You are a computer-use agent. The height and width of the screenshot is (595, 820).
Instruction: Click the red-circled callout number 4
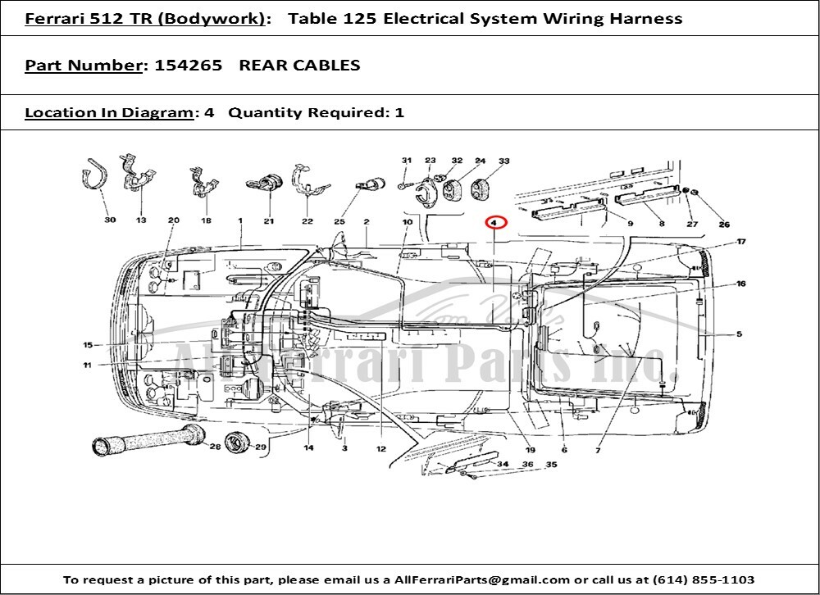tap(494, 222)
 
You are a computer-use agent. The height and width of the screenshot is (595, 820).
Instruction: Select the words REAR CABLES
tap(299, 66)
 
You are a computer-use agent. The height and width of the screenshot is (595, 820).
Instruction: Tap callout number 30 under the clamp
tap(110, 220)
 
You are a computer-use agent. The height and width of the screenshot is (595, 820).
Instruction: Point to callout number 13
tap(141, 220)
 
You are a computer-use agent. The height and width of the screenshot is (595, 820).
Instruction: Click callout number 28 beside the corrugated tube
tap(215, 447)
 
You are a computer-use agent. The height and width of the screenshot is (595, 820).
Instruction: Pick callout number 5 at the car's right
tap(739, 334)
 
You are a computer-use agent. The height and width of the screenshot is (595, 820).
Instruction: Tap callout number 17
tap(740, 242)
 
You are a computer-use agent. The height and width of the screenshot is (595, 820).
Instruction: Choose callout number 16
tap(740, 284)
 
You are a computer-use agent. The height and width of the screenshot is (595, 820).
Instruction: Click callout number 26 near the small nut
tap(723, 224)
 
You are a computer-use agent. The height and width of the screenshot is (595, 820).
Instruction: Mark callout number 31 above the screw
tap(406, 161)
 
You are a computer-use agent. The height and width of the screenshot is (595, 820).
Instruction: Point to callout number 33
tap(503, 161)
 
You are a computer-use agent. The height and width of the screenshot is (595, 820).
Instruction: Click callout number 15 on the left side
tap(88, 345)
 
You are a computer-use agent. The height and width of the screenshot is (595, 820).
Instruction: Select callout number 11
tap(87, 366)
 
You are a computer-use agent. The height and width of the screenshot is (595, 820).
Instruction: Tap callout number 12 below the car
tap(380, 449)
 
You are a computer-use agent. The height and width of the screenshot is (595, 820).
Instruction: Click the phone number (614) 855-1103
tap(705, 579)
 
